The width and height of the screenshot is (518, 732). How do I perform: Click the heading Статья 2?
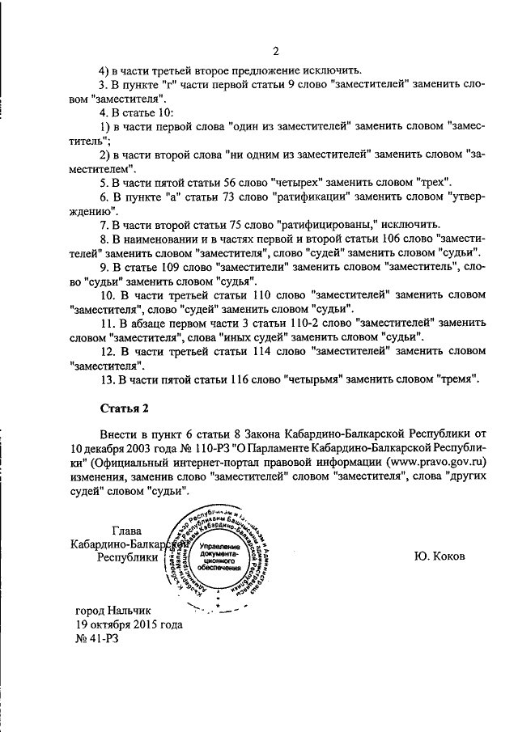[x=125, y=406]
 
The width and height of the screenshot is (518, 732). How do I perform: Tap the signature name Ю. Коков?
[x=440, y=556]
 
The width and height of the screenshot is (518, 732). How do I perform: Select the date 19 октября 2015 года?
[x=127, y=624]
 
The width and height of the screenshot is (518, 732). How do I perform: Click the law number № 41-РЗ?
[x=96, y=638]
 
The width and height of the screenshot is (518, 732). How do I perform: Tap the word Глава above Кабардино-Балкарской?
[x=123, y=531]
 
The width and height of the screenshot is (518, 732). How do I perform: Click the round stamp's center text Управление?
[x=216, y=549]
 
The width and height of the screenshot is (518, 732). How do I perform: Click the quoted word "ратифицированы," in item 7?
[x=321, y=224]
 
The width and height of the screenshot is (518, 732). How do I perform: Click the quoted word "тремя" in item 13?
[x=460, y=379]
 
